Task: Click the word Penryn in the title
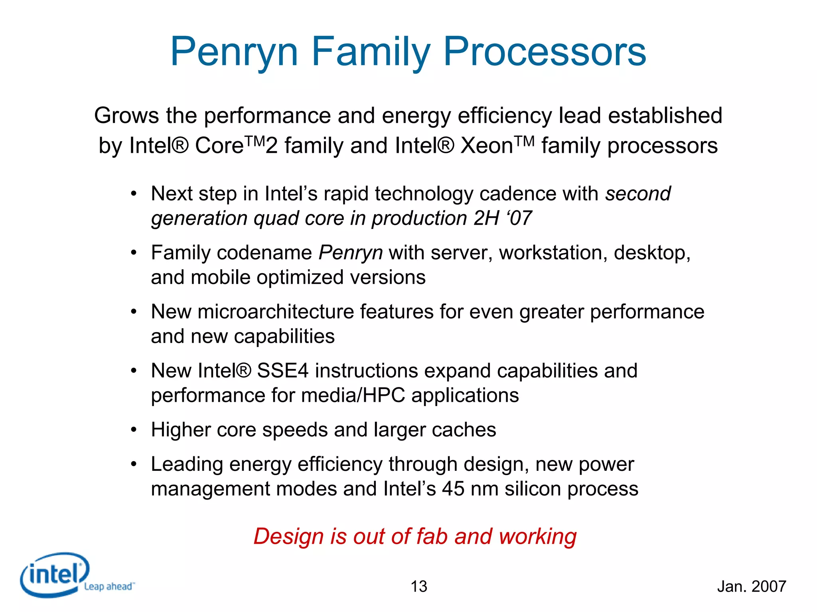click(234, 52)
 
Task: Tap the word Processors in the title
click(545, 52)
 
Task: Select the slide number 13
click(419, 586)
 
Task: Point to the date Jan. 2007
click(752, 586)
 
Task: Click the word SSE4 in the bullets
click(282, 371)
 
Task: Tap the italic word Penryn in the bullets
click(351, 253)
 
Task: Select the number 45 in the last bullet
click(453, 489)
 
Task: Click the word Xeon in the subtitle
click(487, 146)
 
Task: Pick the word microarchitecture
click(276, 312)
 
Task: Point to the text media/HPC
click(353, 395)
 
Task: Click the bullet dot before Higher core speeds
click(134, 430)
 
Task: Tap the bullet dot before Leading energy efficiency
click(134, 464)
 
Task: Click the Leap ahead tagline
click(109, 586)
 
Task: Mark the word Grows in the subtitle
click(127, 116)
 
